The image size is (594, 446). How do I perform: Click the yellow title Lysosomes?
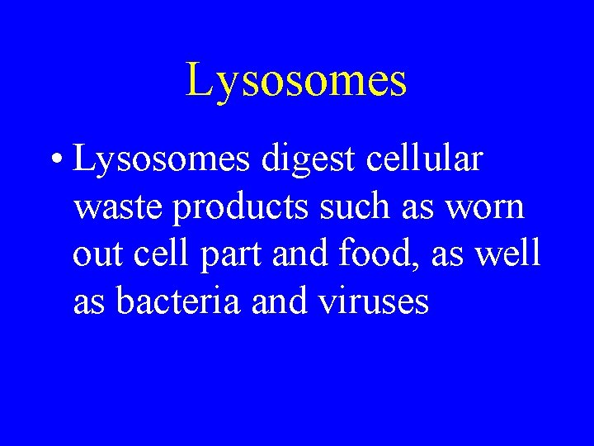296,81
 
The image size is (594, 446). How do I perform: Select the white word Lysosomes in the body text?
162,159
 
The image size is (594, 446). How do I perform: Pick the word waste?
117,206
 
